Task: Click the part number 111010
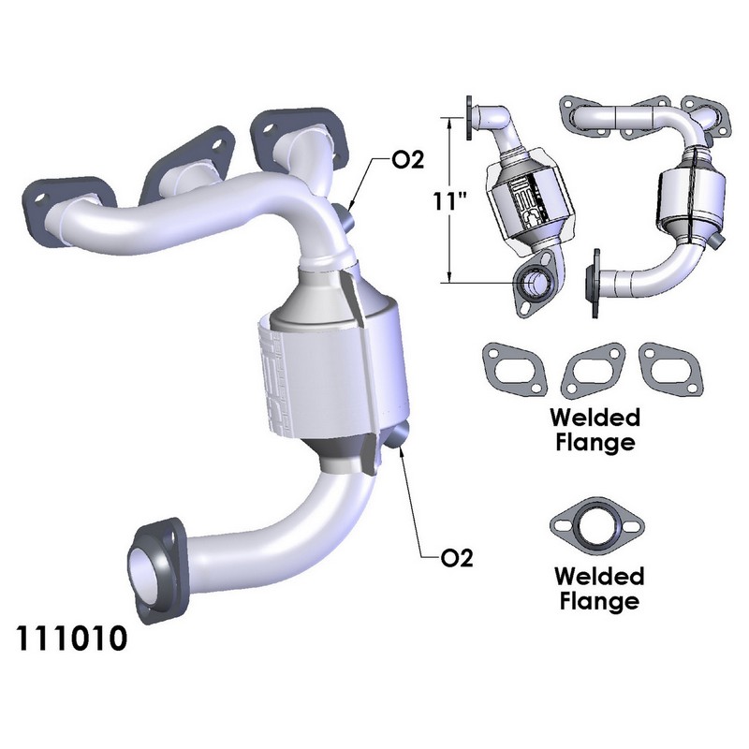tap(72, 638)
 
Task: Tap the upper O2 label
tap(407, 160)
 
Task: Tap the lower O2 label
tap(457, 557)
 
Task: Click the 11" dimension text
tap(450, 201)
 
